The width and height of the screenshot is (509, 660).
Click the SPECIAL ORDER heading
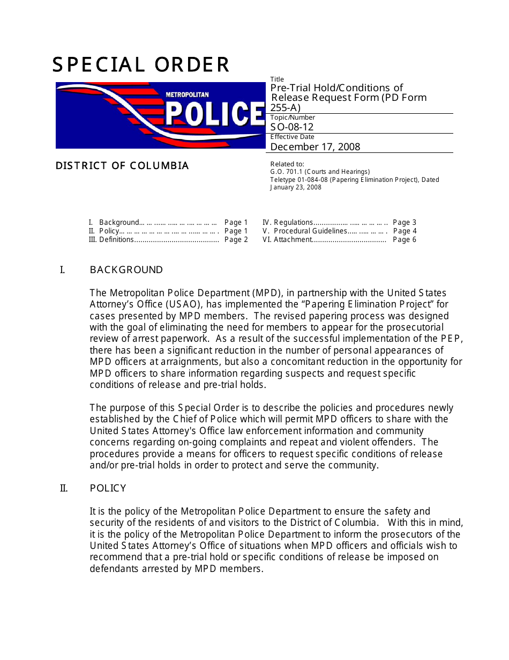pyautogui.click(x=141, y=65)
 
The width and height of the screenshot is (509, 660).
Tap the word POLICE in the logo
pyautogui.click(x=214, y=114)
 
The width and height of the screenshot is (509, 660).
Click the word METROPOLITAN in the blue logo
pyautogui.click(x=187, y=95)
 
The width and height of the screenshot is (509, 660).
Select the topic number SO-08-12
pyautogui.click(x=292, y=127)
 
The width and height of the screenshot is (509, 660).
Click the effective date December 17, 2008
pyautogui.click(x=315, y=146)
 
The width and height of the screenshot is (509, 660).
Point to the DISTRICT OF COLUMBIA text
pyautogui.click(x=122, y=166)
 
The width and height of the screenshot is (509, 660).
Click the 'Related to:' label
pyautogui.click(x=287, y=164)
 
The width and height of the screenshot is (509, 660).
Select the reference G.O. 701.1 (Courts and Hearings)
pyautogui.click(x=320, y=172)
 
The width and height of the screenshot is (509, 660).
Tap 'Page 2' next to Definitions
pyautogui.click(x=236, y=240)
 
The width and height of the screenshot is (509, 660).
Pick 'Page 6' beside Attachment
pyautogui.click(x=405, y=240)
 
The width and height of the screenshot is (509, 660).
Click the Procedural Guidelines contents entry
pyautogui.click(x=310, y=231)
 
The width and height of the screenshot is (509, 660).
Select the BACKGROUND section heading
pyautogui.click(x=126, y=270)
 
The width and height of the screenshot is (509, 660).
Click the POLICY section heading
pyautogui.click(x=108, y=488)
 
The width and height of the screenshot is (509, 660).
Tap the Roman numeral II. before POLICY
pyautogui.click(x=64, y=488)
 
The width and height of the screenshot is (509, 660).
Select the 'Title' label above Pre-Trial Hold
pyautogui.click(x=277, y=79)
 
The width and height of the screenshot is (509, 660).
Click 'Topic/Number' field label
pyautogui.click(x=293, y=118)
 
